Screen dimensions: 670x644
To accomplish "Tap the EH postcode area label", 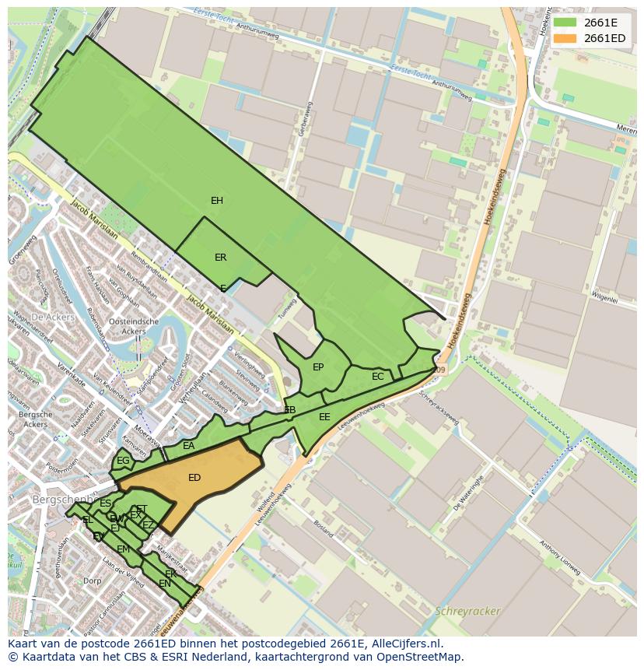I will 217,201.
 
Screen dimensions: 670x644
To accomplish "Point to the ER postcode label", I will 221,258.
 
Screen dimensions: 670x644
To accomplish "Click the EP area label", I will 318,367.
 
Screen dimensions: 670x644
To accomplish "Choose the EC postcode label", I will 378,377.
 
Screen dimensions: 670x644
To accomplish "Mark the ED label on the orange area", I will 194,478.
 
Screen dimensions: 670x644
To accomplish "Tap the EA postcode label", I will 189,446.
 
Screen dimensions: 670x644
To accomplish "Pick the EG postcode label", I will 123,461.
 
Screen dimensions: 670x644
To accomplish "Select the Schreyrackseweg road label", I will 439,408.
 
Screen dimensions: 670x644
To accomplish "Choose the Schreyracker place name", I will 468,611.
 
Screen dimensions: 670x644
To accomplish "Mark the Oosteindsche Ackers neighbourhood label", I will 135,326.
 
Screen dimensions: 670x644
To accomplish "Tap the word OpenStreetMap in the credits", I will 424,658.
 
